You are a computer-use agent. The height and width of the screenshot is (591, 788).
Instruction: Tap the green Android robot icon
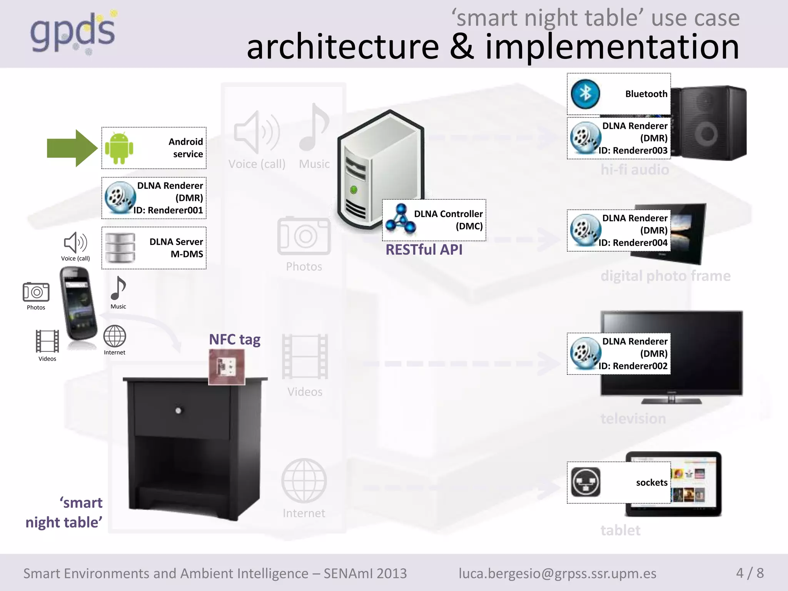coord(119,148)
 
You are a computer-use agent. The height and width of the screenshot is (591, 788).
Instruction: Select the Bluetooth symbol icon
coord(585,94)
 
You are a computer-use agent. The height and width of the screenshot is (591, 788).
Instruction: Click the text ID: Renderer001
coord(169,210)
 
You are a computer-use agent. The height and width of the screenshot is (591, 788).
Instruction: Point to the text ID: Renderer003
coord(633,151)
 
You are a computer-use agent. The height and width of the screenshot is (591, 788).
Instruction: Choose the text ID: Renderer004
coord(633,243)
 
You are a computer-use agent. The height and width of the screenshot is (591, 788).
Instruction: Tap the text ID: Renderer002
coord(633,366)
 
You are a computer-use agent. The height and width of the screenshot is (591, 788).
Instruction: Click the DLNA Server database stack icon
coord(120,248)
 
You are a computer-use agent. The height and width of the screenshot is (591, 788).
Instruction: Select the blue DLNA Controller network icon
coord(401,219)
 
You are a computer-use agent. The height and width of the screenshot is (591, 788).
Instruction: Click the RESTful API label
coord(424,250)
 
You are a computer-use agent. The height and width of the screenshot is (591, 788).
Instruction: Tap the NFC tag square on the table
coord(227,367)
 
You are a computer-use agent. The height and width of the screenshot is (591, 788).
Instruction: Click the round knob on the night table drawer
coord(178,411)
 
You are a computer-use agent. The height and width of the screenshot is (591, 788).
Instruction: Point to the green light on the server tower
coord(354,190)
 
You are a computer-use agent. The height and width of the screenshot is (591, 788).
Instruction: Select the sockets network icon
coord(586,482)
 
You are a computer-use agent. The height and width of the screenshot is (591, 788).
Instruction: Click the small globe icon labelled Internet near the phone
coord(115,336)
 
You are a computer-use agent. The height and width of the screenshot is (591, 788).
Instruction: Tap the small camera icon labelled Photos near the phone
coord(36,292)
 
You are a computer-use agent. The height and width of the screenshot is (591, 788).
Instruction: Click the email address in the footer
coord(558,573)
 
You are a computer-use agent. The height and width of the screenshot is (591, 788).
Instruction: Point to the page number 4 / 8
coord(750,573)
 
